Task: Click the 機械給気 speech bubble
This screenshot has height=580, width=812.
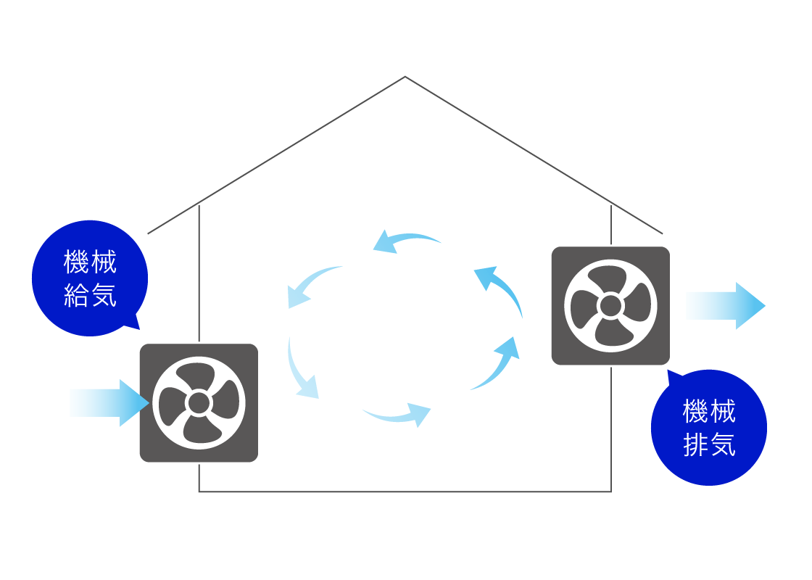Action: [x=90, y=278]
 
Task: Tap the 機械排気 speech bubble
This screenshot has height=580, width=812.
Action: [x=709, y=427]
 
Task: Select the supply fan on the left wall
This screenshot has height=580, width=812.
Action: [x=199, y=403]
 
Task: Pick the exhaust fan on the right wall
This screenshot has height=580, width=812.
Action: [x=610, y=305]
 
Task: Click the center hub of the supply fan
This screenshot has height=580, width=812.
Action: [x=199, y=403]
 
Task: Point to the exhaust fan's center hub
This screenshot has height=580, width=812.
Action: [x=610, y=305]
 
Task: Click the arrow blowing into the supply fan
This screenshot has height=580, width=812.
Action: [x=109, y=403]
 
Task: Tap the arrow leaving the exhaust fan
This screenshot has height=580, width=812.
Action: [x=726, y=305]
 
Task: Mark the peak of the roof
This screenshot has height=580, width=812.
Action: [x=405, y=77]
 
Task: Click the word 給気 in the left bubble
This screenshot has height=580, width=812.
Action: [x=90, y=296]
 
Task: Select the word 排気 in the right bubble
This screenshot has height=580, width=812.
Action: [x=710, y=445]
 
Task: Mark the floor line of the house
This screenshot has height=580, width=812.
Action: [x=405, y=492]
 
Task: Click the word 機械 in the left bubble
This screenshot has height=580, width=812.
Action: [x=90, y=262]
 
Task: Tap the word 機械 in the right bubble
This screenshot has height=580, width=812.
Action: [x=710, y=410]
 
